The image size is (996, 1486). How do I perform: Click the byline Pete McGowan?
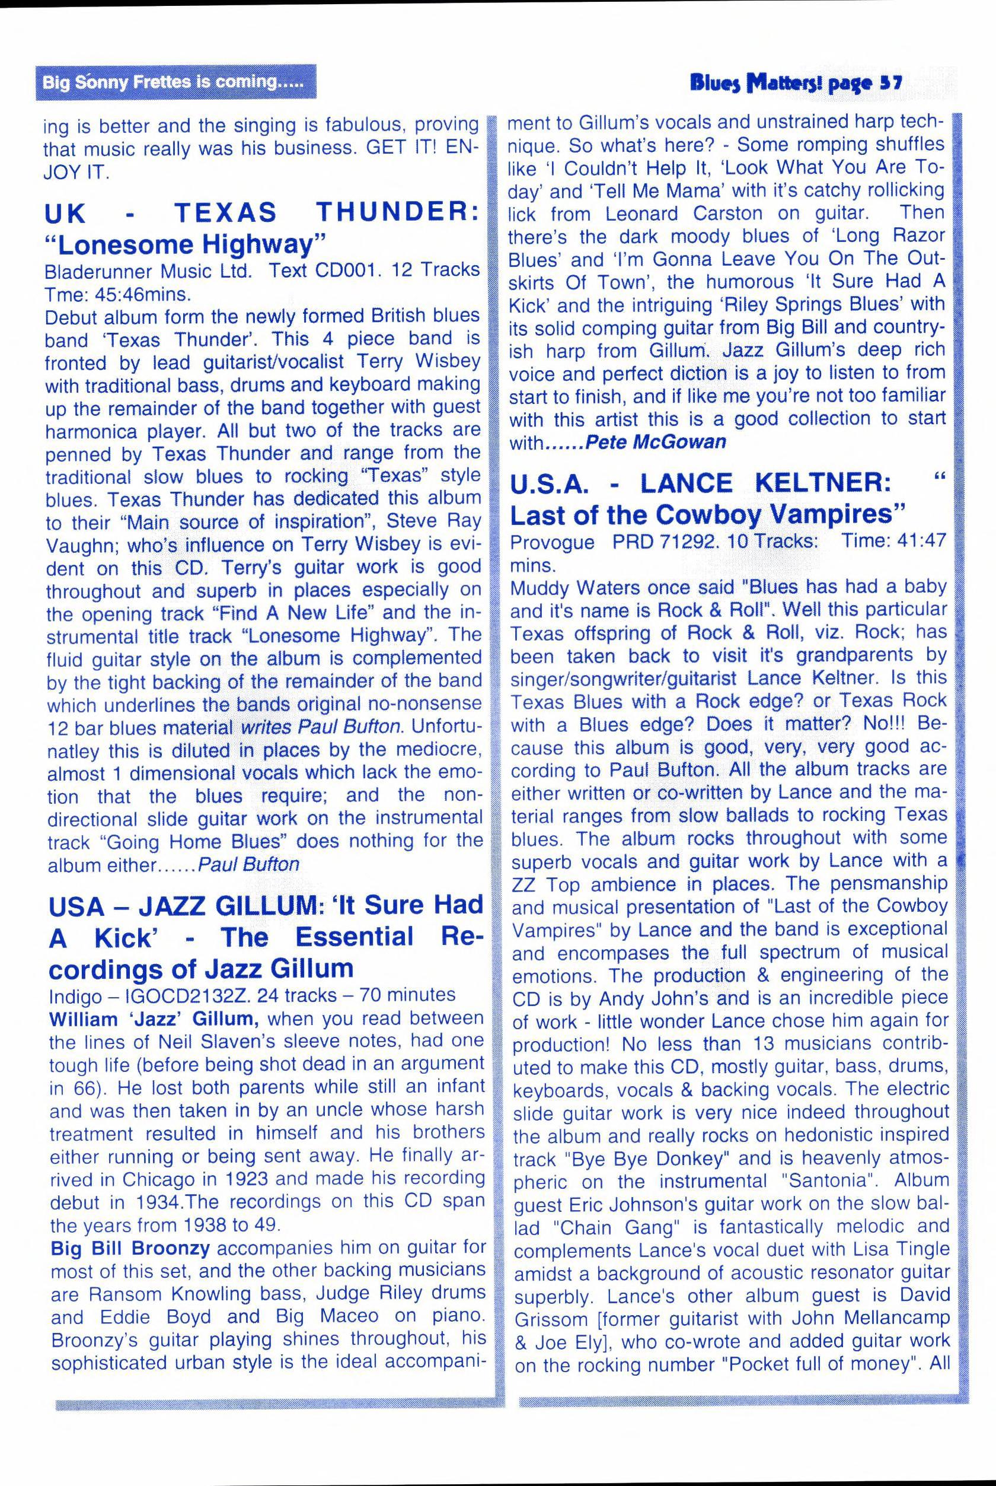coord(656,443)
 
